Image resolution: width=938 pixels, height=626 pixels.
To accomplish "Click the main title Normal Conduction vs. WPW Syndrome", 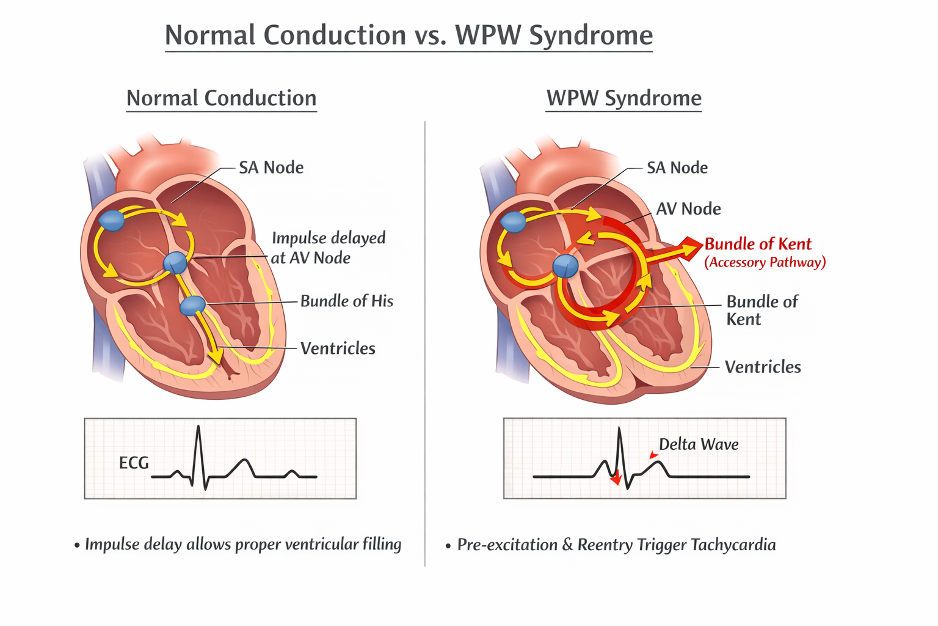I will point(409,35).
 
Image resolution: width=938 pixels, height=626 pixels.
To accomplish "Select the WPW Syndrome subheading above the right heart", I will point(624,98).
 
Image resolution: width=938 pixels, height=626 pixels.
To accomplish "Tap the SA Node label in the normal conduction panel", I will point(271,168).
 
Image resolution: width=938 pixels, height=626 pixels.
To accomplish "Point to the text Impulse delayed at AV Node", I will point(328,248).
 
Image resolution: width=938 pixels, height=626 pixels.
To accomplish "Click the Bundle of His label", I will point(346,301).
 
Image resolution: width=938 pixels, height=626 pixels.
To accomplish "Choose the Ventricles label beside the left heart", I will point(338,348).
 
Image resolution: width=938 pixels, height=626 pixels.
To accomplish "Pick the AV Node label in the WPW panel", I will point(688,209).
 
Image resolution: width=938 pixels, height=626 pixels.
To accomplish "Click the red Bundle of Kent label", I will point(758,244).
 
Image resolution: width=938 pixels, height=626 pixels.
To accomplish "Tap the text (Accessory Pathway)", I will point(765,262).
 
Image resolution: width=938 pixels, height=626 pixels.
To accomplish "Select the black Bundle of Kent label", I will point(761,311).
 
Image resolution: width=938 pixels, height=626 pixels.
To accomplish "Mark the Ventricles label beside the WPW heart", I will point(762,367).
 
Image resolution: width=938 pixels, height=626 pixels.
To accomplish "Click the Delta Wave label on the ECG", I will point(699,444).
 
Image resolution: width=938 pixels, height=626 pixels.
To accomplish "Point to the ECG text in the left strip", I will point(134,463).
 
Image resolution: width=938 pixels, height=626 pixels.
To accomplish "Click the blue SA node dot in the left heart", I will point(112,220).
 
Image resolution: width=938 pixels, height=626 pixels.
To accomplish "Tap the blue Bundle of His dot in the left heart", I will point(193,304).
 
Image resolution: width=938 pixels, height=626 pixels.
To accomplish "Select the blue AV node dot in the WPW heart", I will point(565,267).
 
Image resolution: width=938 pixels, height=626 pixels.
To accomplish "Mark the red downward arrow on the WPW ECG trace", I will point(616,478).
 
